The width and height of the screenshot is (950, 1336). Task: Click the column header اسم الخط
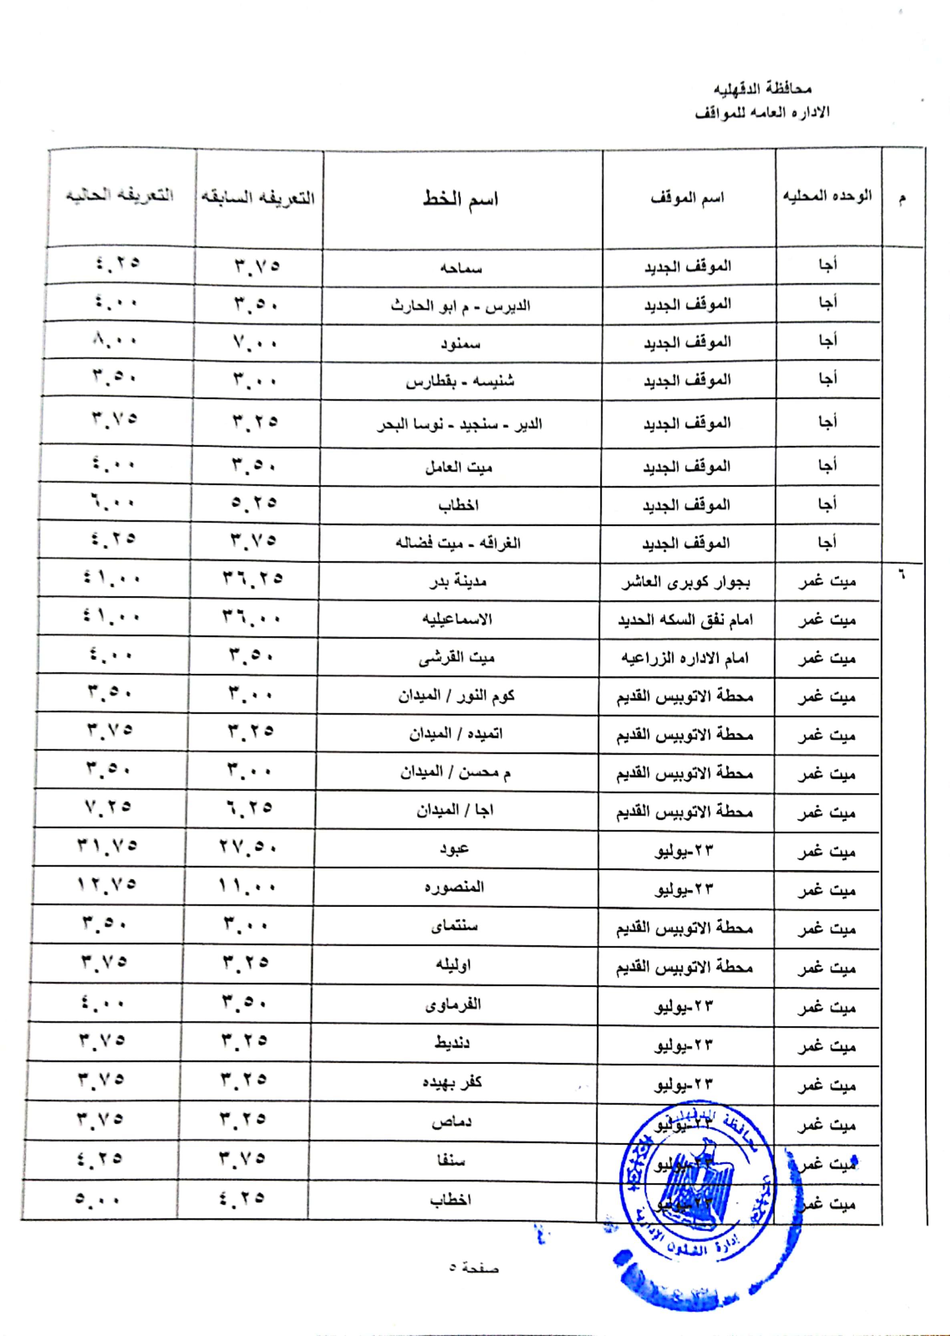[x=460, y=199]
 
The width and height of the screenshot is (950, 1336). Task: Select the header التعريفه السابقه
[x=258, y=198]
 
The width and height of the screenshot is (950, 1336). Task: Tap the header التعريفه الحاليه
[x=119, y=195]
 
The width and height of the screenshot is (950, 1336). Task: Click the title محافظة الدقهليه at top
[x=762, y=89]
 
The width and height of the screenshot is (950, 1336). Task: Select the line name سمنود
[x=460, y=343]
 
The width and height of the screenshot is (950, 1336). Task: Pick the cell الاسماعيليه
[x=457, y=619]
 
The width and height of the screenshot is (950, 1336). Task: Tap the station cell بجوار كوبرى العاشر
[x=686, y=582]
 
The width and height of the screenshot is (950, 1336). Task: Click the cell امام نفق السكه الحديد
[x=686, y=620]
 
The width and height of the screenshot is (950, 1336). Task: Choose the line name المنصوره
[x=455, y=887]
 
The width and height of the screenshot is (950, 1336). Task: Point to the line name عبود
[x=455, y=848]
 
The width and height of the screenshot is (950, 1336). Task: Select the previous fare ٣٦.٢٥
[x=252, y=579]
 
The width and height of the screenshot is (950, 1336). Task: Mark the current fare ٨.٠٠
[x=115, y=340]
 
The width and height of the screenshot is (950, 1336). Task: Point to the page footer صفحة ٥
[x=474, y=1268]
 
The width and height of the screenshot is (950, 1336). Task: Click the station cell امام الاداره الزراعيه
[x=685, y=658]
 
